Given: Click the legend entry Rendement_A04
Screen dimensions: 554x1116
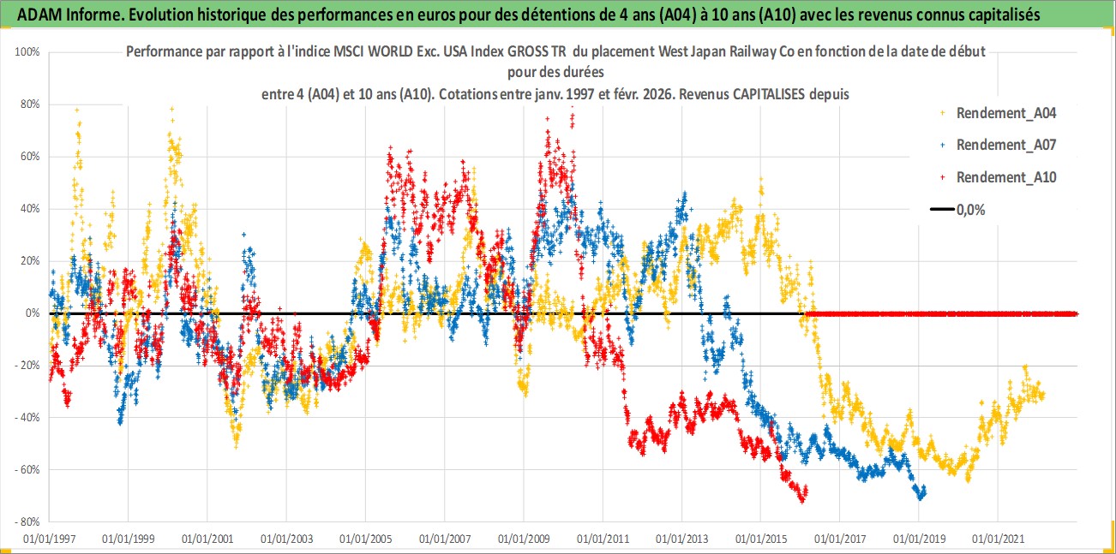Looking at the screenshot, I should click(1006, 113).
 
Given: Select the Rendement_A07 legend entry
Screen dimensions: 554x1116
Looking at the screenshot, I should click(1006, 145).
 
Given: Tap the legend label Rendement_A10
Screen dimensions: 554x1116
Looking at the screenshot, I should click(1006, 177).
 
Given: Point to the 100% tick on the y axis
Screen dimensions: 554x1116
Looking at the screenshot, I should click(28, 52).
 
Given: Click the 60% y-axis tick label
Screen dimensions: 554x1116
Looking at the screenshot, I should click(31, 157).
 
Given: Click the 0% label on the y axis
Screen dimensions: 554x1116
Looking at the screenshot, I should click(33, 313).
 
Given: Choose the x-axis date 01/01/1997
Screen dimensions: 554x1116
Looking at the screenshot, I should click(49, 539).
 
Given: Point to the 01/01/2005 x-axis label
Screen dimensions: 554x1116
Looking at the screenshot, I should click(366, 539).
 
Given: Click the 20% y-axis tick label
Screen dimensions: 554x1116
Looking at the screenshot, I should click(31, 261).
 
